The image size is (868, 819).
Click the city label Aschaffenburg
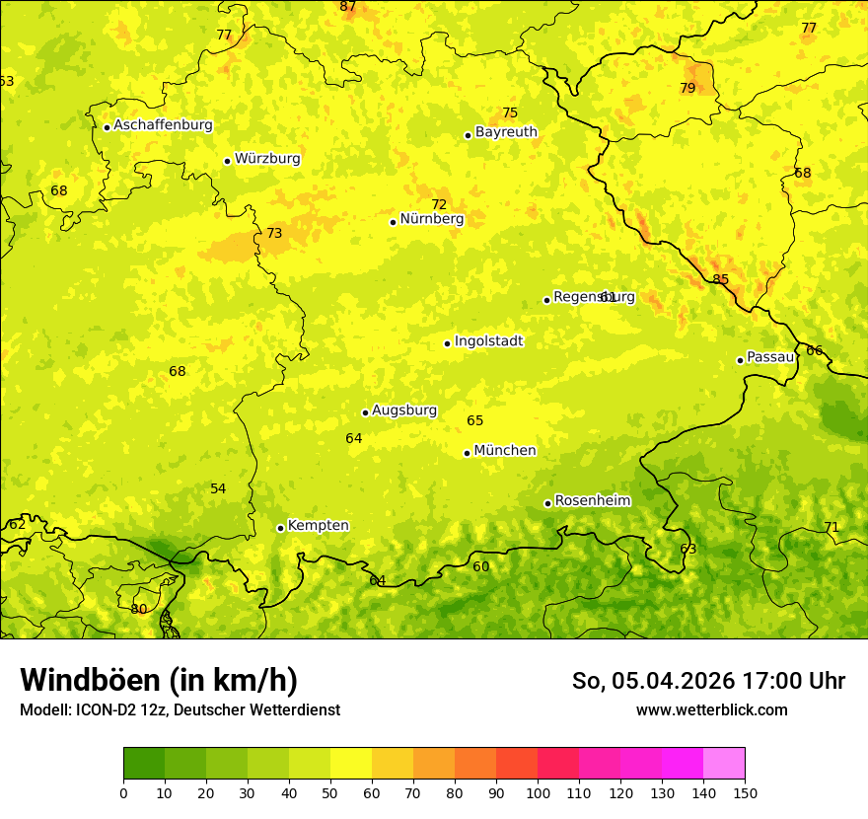[x=163, y=125]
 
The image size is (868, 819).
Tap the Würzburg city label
[x=267, y=159]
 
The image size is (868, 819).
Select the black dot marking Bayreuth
[x=468, y=135]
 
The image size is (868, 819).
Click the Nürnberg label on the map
[x=431, y=219]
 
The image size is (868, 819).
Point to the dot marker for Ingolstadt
[x=447, y=343]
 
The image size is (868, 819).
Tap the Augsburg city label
[x=403, y=410]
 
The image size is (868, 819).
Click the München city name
[x=504, y=451]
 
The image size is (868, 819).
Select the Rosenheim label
[x=592, y=501]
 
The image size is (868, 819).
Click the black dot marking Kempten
[x=280, y=528]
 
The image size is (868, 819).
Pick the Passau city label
[x=770, y=357]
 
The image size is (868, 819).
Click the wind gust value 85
[x=721, y=279]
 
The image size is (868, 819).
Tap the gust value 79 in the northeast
[x=687, y=88]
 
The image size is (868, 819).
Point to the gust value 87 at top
[x=348, y=7]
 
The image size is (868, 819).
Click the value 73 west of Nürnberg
[x=274, y=234]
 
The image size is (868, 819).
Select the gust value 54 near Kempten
[x=218, y=488]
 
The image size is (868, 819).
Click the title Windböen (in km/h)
[x=159, y=680]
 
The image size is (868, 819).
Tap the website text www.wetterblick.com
[x=711, y=709]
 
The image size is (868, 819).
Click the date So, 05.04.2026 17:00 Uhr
[x=708, y=681]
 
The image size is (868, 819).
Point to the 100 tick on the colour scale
[x=538, y=792]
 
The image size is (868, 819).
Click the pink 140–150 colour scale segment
[x=724, y=764]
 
